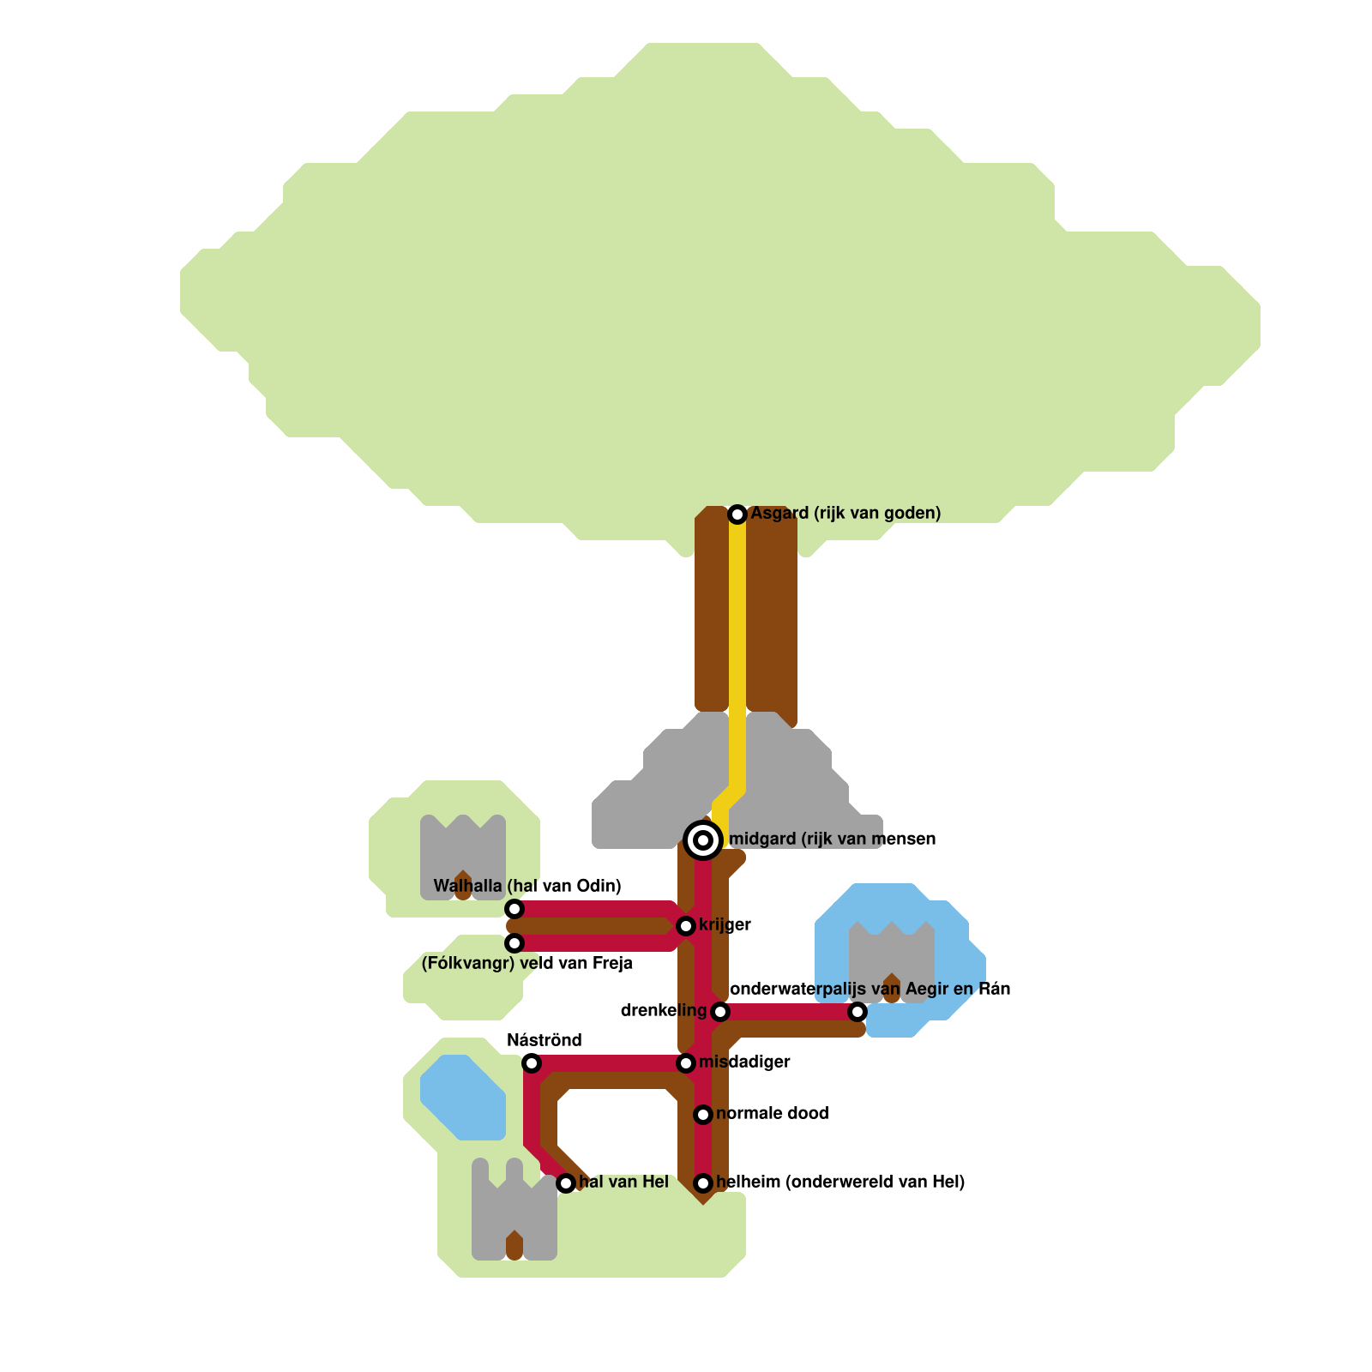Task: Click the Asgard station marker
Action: (x=737, y=514)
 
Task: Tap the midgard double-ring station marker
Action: (x=703, y=839)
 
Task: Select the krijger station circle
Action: (x=686, y=926)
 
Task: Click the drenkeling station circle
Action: (x=720, y=1012)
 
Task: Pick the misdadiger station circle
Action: (x=686, y=1063)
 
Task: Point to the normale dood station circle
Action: (x=703, y=1115)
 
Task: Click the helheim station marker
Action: (x=703, y=1183)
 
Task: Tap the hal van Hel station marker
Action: (x=566, y=1183)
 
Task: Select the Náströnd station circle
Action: (x=532, y=1063)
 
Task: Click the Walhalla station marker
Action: (x=514, y=909)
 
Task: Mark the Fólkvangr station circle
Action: (x=514, y=943)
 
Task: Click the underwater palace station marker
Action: (x=857, y=1012)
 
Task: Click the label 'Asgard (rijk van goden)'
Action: (x=845, y=514)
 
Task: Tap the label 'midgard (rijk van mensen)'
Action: (x=832, y=839)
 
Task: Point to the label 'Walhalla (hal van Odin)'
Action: (x=527, y=886)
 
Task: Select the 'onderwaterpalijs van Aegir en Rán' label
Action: (x=870, y=989)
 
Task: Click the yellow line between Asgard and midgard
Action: (x=737, y=652)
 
